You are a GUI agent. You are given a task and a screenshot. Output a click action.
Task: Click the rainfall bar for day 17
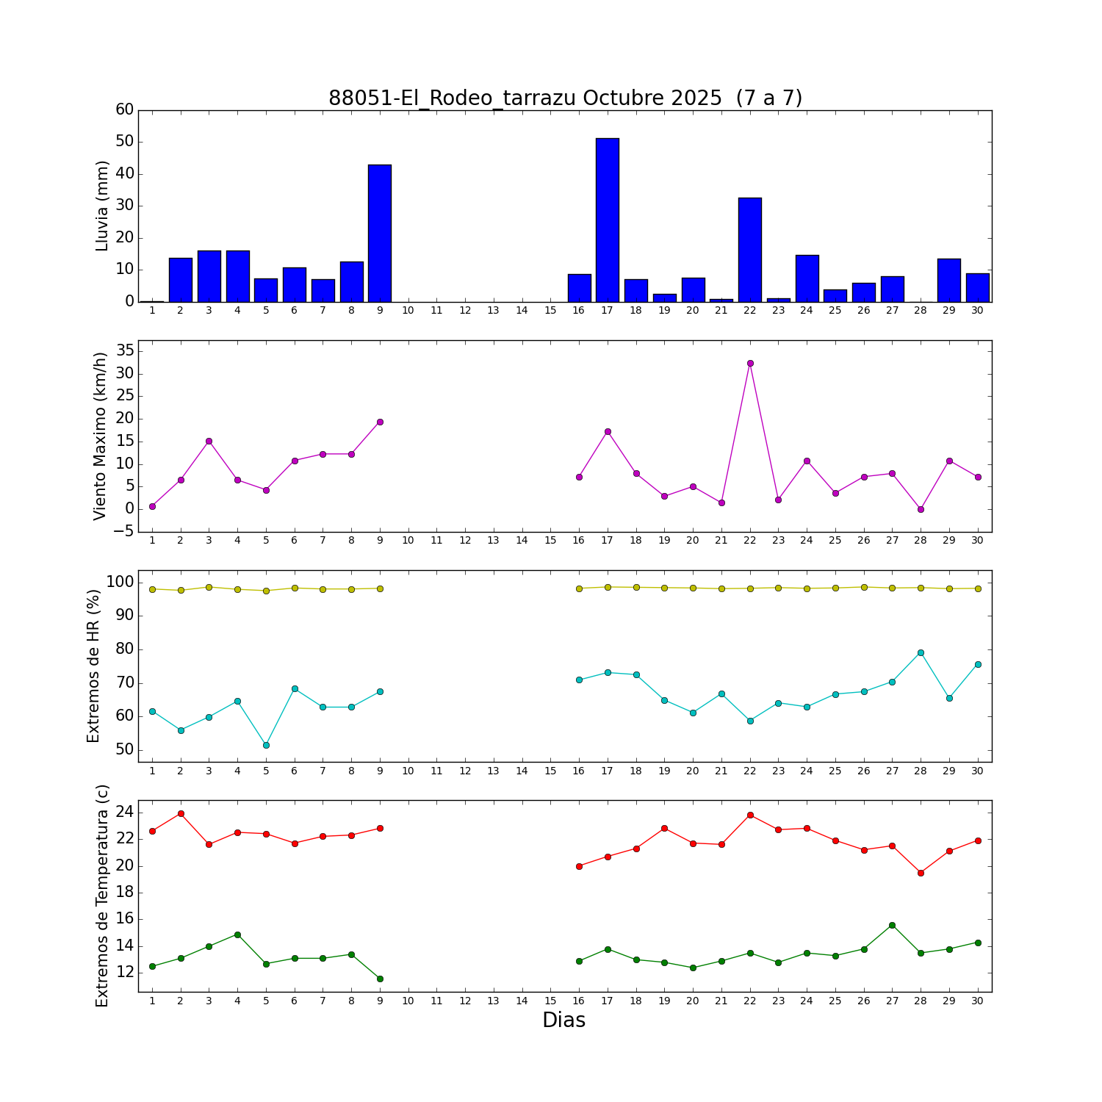(x=608, y=220)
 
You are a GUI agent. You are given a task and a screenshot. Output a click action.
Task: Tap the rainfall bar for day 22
(x=750, y=250)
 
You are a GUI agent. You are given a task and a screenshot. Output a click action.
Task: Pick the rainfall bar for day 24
(x=807, y=278)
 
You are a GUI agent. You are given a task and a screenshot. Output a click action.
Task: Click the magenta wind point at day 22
(x=750, y=363)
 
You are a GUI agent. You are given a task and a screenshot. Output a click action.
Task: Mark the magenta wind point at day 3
(x=209, y=441)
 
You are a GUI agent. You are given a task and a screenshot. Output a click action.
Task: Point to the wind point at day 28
(x=921, y=509)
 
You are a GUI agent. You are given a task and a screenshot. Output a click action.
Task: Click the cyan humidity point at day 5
(x=266, y=745)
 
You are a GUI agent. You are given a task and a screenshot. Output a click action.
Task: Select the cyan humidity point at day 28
(x=921, y=652)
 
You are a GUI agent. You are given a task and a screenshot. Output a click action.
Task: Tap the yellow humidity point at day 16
(x=579, y=588)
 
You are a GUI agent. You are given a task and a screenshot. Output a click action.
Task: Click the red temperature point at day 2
(x=181, y=813)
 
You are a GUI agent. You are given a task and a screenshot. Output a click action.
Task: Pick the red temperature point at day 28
(x=921, y=873)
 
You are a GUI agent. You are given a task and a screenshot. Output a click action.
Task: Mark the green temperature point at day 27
(x=892, y=925)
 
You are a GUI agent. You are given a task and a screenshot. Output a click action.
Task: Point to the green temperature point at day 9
(x=380, y=979)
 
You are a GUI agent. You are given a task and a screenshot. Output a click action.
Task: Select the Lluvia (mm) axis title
(x=102, y=206)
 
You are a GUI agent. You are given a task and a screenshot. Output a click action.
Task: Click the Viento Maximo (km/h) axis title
(x=101, y=436)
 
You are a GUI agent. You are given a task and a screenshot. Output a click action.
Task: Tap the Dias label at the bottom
(x=563, y=1020)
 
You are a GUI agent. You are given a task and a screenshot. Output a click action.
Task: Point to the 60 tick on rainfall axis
(x=125, y=109)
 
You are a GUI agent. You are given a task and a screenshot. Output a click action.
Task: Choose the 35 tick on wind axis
(x=125, y=350)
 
